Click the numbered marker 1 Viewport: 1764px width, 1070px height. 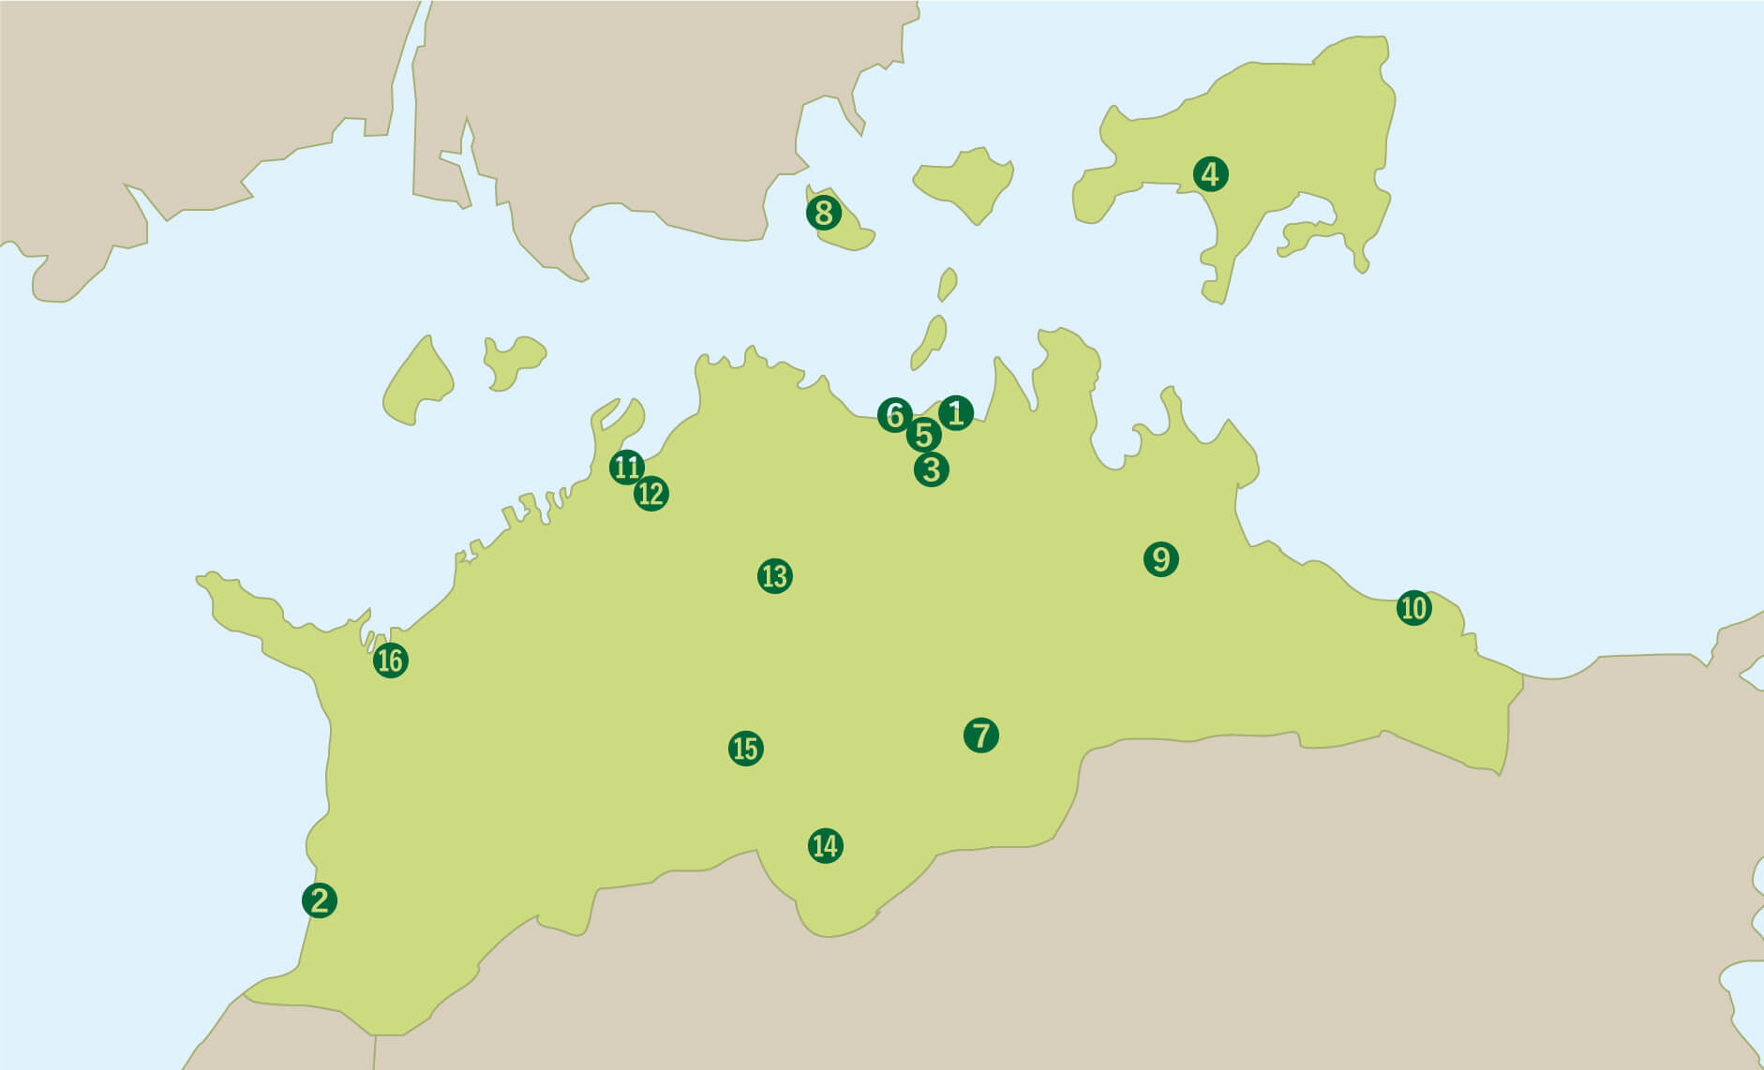955,412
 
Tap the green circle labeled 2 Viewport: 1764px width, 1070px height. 320,900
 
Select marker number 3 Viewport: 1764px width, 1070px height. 931,468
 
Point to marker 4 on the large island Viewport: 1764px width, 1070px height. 1210,174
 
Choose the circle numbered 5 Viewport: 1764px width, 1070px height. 923,435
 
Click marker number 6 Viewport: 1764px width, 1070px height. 894,414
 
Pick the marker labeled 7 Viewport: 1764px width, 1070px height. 980,735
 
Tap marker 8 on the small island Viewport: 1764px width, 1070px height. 823,214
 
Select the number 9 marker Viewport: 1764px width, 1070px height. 1160,559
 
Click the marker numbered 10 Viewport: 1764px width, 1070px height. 1413,608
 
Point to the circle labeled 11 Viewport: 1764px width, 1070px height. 626,467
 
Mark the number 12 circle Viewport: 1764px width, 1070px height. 650,494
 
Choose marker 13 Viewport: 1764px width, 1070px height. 774,575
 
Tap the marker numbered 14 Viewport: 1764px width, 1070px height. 825,846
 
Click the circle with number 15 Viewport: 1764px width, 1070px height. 745,749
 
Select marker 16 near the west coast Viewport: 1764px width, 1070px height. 390,661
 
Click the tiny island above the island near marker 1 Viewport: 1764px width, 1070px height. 948,284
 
